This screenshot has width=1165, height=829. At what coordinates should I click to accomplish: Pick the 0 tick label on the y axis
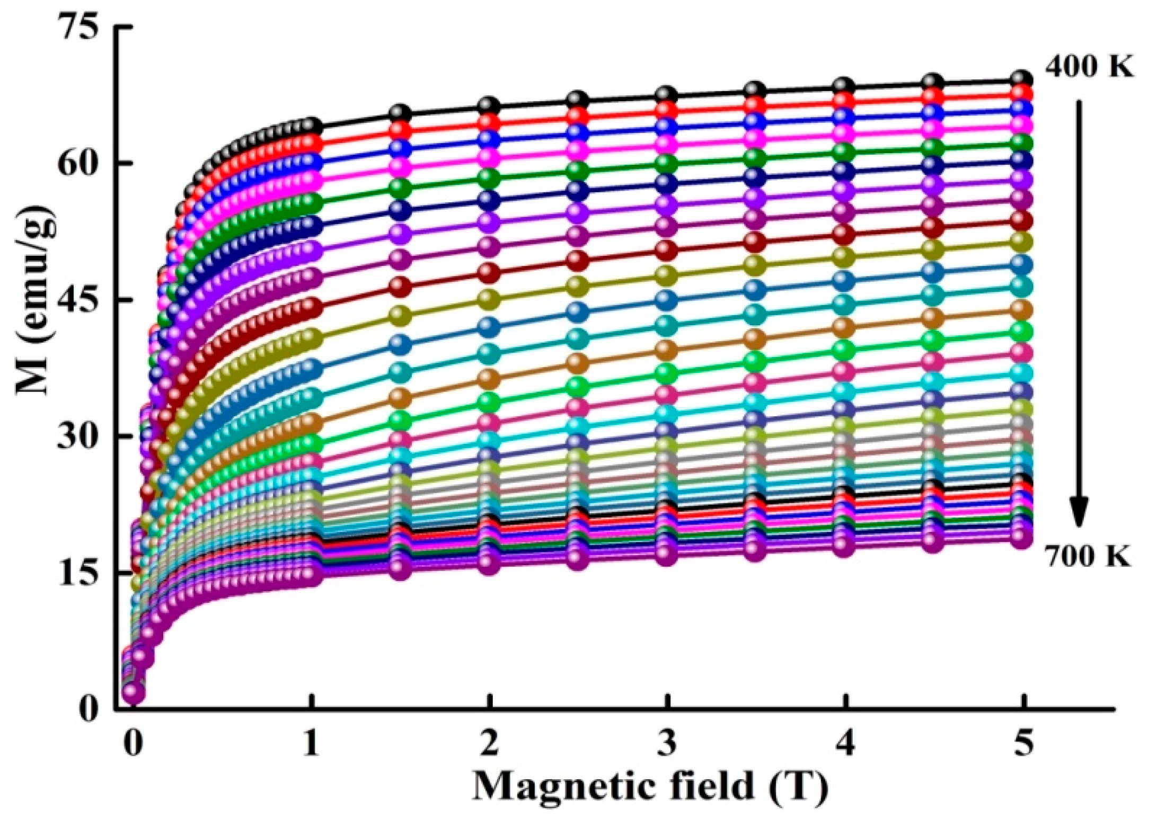coord(87,709)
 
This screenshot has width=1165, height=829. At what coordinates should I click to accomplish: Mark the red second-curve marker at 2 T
coord(489,121)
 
